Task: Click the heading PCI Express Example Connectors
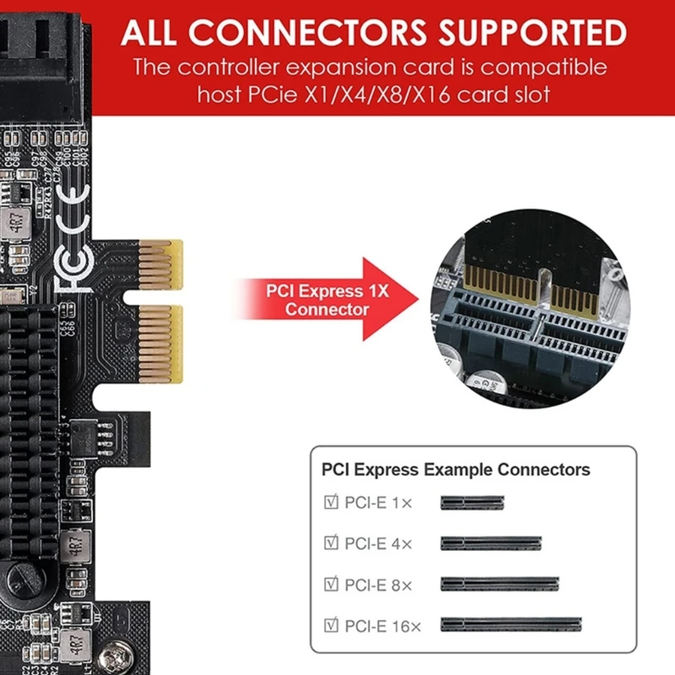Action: [456, 470]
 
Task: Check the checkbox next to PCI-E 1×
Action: [330, 502]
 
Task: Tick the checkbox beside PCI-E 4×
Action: [330, 543]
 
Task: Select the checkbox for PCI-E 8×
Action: [330, 584]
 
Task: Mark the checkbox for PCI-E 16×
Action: [330, 625]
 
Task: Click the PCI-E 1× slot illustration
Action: [472, 502]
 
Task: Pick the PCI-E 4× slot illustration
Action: [490, 543]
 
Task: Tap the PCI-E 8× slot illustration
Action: [499, 584]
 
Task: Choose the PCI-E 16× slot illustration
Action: [511, 625]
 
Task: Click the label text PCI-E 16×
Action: [383, 625]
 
